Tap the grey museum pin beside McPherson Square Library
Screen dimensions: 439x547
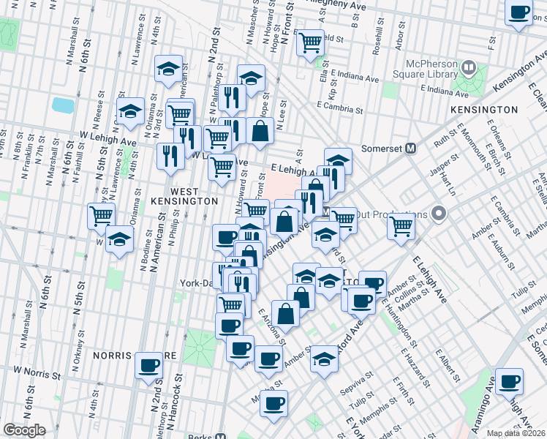(469, 69)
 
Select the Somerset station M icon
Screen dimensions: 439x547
(411, 147)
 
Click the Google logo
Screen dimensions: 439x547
(24, 430)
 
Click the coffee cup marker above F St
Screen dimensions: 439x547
(519, 12)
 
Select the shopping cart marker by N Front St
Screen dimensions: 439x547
(311, 42)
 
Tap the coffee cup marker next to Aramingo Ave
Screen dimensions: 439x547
(509, 381)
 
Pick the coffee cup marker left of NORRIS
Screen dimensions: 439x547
(149, 364)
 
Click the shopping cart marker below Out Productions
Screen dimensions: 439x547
(401, 227)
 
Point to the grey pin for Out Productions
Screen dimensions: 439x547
(439, 214)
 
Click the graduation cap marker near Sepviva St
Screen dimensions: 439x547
(324, 359)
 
